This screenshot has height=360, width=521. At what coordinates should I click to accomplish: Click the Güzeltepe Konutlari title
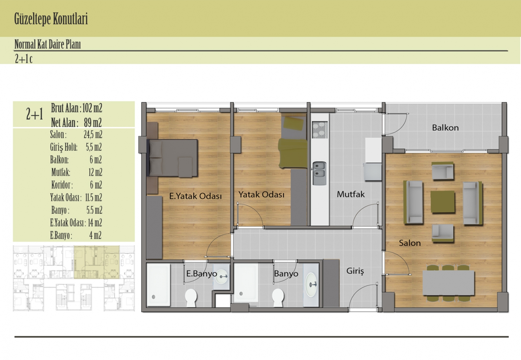tap(51, 19)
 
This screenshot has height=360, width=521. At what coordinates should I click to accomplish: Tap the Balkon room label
tap(445, 128)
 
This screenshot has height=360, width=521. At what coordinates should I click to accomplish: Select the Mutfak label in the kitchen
tap(351, 194)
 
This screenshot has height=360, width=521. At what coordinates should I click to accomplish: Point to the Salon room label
tap(410, 243)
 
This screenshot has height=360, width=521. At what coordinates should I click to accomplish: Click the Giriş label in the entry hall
tap(355, 271)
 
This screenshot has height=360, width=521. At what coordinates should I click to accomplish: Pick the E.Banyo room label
tap(202, 274)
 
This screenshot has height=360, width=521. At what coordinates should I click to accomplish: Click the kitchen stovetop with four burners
tap(320, 130)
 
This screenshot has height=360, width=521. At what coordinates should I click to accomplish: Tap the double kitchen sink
tap(319, 173)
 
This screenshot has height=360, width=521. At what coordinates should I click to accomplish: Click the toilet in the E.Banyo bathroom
tap(191, 297)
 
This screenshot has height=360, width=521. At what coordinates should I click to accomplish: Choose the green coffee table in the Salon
tap(442, 202)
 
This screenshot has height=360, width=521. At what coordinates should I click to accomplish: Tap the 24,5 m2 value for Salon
tap(93, 134)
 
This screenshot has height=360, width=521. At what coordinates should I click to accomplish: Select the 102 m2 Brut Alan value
tap(92, 108)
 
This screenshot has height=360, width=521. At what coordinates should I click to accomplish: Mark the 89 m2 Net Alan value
tap(93, 122)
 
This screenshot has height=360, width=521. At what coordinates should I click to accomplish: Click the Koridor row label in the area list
tap(62, 185)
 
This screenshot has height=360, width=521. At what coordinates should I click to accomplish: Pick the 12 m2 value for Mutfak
tap(95, 172)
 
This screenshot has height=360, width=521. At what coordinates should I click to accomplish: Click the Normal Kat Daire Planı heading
tap(48, 44)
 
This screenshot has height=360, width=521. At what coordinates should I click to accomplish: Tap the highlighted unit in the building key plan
tap(97, 262)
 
